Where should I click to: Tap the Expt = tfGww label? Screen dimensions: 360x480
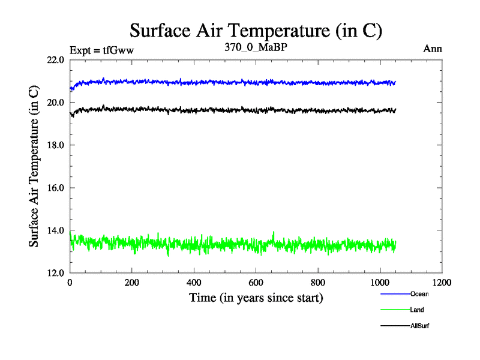(x=101, y=50)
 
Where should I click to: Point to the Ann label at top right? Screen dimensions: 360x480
(x=433, y=49)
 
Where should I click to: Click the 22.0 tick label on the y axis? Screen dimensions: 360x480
(x=55, y=60)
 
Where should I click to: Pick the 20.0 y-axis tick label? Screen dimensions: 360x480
(x=55, y=103)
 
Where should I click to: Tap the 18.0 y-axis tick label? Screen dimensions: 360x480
(x=55, y=145)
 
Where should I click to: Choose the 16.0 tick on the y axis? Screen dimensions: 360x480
(x=55, y=188)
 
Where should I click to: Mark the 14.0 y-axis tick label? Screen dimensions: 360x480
(x=55, y=230)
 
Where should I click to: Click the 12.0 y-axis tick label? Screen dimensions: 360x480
(x=55, y=273)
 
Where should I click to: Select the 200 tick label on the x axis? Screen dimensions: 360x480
(x=132, y=282)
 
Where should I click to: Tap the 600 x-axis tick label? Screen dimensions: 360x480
(x=256, y=282)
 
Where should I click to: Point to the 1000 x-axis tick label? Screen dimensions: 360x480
(x=380, y=282)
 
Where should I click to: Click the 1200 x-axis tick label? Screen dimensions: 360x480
(x=442, y=282)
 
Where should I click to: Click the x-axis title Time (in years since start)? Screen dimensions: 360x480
(x=256, y=297)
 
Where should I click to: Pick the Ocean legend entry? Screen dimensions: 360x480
(x=419, y=294)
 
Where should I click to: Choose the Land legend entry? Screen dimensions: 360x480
(x=417, y=310)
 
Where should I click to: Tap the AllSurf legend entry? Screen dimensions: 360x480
(x=419, y=326)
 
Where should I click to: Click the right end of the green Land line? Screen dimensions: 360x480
(x=395, y=244)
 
